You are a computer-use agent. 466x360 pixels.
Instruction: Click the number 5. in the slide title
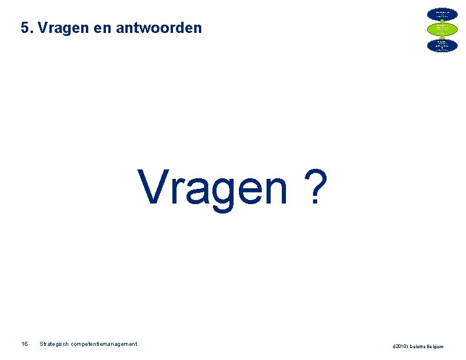(x=26, y=28)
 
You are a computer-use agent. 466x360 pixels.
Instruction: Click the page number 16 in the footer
(x=24, y=344)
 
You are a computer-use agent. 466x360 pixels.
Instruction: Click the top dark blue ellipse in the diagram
(x=442, y=13)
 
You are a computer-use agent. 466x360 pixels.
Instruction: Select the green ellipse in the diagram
(x=442, y=29)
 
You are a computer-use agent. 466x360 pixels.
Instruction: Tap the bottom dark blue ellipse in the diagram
(x=442, y=45)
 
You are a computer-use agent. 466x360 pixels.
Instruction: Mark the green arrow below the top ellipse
(x=442, y=21)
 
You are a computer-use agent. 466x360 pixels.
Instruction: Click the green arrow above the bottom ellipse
(x=442, y=37)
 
